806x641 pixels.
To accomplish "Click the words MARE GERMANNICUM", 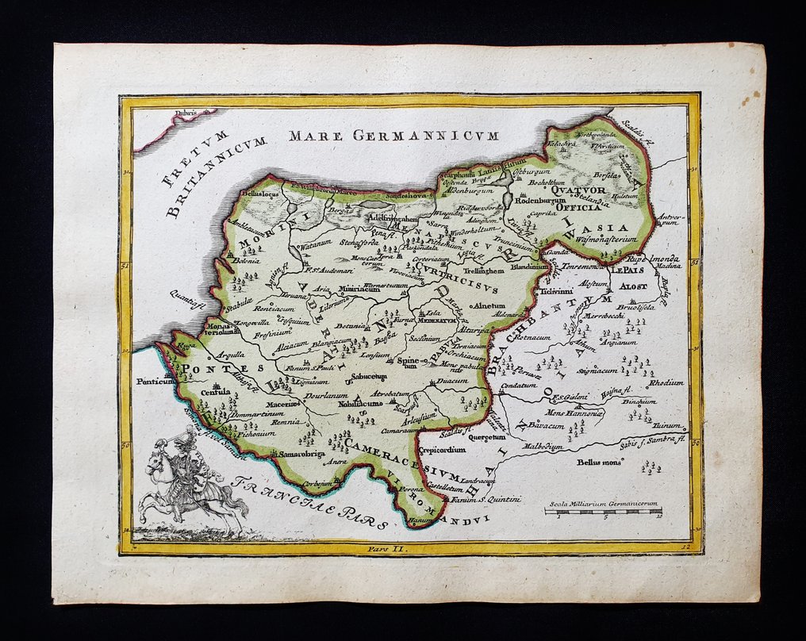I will tap(393, 136).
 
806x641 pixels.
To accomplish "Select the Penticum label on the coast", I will tap(155, 382).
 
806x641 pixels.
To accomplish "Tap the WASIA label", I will tap(609, 228).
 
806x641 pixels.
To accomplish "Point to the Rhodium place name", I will tap(666, 382).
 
